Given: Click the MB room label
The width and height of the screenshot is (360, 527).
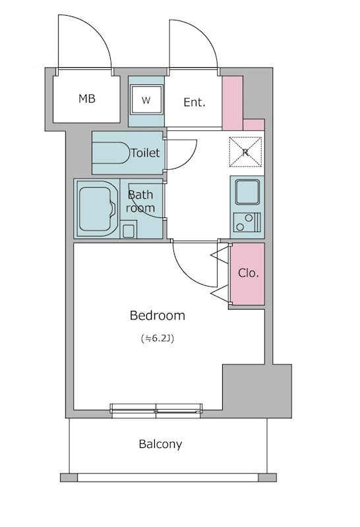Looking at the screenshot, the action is (87, 99).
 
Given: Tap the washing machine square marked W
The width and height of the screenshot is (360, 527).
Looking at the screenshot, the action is (146, 100).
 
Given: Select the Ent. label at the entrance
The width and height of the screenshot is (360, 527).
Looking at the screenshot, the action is (195, 102).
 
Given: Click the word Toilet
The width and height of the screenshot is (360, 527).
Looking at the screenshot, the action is (145, 153).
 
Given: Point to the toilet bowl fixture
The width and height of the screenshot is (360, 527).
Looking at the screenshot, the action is (111, 153).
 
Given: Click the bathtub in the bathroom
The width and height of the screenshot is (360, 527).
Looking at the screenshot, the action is (96, 208).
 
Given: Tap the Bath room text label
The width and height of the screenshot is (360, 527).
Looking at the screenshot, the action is (140, 202).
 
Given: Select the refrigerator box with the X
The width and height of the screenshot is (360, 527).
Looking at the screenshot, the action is (246, 152).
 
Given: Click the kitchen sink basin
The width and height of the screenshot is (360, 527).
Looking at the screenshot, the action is (247, 192).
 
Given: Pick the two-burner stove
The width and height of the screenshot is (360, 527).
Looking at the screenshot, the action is (247, 223).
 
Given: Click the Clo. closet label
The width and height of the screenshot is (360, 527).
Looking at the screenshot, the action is (249, 273).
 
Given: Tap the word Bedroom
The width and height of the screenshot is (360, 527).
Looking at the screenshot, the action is (158, 316).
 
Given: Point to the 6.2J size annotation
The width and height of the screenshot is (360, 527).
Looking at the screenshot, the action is (158, 339).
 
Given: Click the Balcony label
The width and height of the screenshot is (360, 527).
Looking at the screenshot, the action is (160, 444).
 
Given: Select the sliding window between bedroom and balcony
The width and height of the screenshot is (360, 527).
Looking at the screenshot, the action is (156, 410).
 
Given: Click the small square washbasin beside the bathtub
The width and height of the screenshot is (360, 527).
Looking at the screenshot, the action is (129, 230).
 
